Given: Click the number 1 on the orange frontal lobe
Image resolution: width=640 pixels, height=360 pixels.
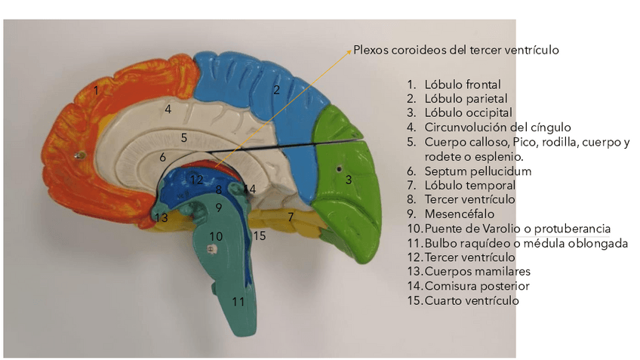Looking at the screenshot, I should coord(96,90).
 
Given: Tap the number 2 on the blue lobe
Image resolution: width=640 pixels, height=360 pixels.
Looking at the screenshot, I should coord(277,91).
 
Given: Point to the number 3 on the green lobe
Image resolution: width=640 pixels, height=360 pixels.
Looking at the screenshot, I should coord(349,180).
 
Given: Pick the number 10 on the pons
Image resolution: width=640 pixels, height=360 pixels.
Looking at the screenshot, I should coord(216,236).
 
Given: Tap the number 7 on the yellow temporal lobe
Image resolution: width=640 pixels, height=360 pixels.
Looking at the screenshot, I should coord(290,217).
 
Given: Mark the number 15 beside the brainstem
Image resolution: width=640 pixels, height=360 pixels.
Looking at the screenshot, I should coord(260,236).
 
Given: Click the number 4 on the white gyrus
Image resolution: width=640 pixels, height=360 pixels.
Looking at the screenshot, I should coord(168,109).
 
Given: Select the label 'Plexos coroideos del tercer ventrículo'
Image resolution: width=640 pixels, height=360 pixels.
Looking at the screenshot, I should coord(456,51).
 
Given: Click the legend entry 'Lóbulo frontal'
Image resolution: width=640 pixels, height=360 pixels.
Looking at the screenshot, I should coord(462,85).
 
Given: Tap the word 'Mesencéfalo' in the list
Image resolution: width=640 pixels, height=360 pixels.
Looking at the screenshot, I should coord(460,214).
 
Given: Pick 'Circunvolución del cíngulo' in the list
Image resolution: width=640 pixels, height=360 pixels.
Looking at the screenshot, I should coord(497,128).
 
